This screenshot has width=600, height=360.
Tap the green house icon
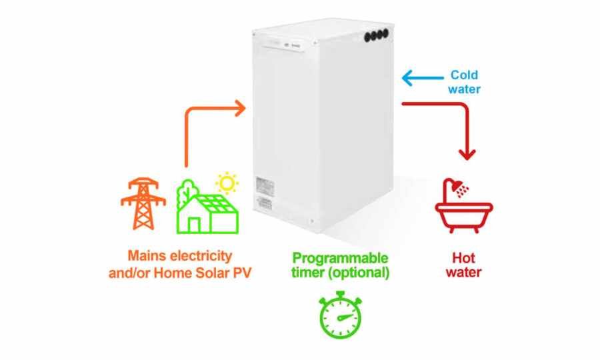[x=207, y=207]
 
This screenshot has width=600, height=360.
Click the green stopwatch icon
[x=340, y=315]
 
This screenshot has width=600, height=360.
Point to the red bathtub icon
[x=463, y=212]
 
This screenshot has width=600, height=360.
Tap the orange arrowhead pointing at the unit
[x=238, y=108]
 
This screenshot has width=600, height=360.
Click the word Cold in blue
[x=464, y=75]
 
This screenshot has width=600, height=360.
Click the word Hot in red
[x=463, y=257]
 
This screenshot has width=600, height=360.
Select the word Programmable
[x=341, y=257]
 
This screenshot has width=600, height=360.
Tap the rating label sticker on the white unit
[x=265, y=193]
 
